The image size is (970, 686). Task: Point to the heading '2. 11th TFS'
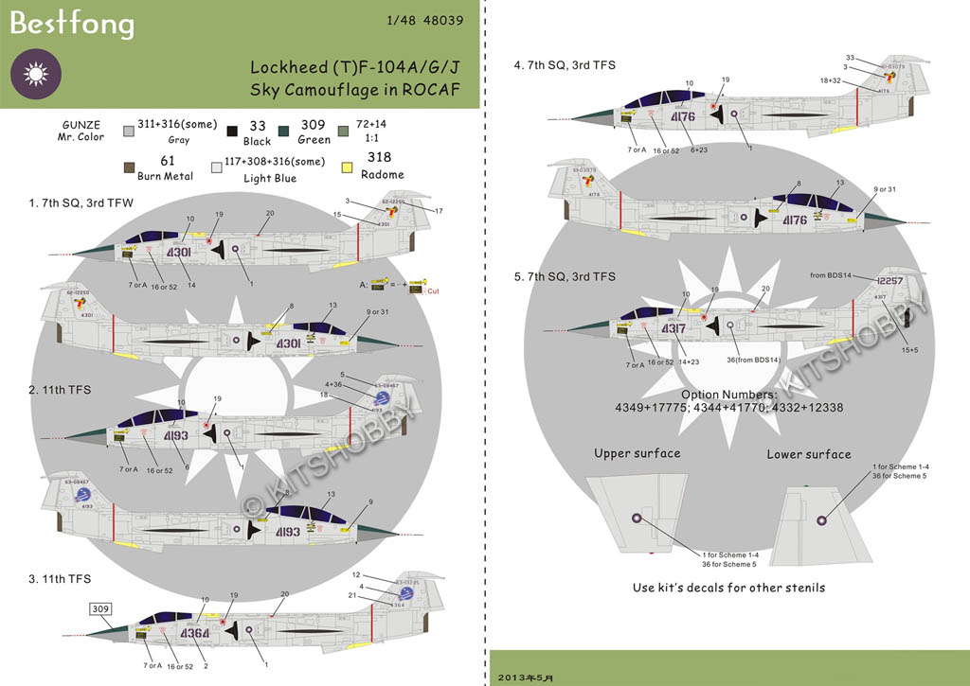pyautogui.click(x=60, y=389)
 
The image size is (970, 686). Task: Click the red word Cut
pyautogui.click(x=434, y=291)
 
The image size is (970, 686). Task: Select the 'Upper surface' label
pyautogui.click(x=637, y=453)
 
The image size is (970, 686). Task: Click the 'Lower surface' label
pyautogui.click(x=808, y=454)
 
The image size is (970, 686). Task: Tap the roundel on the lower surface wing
pyautogui.click(x=821, y=519)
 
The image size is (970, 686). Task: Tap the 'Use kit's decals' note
pyautogui.click(x=728, y=588)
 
